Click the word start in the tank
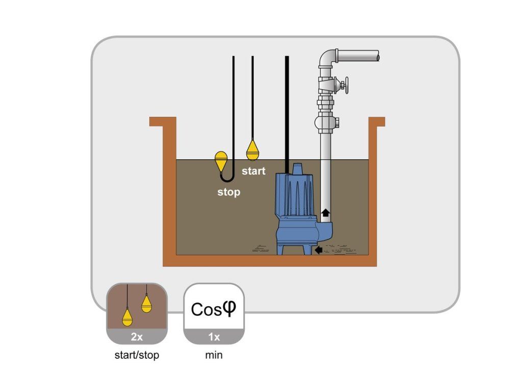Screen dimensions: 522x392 254,171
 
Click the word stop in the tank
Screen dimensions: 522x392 229,192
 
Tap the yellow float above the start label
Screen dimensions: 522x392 252,150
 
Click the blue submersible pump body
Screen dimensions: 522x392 295,209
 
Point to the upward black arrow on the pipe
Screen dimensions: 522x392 326,212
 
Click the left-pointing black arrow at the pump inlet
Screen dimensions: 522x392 319,250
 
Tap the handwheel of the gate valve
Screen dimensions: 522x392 346,85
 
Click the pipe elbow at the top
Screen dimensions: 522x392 328,59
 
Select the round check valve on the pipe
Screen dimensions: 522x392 325,122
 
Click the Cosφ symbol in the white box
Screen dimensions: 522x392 214,309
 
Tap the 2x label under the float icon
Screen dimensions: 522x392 137,337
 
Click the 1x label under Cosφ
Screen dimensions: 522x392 214,337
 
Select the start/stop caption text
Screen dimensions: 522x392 137,355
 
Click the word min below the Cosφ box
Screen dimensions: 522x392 214,355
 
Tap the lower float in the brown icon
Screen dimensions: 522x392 127,317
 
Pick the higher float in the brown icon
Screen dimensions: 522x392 146,303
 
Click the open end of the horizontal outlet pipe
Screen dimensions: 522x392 378,56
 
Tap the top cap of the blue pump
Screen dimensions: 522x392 297,168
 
